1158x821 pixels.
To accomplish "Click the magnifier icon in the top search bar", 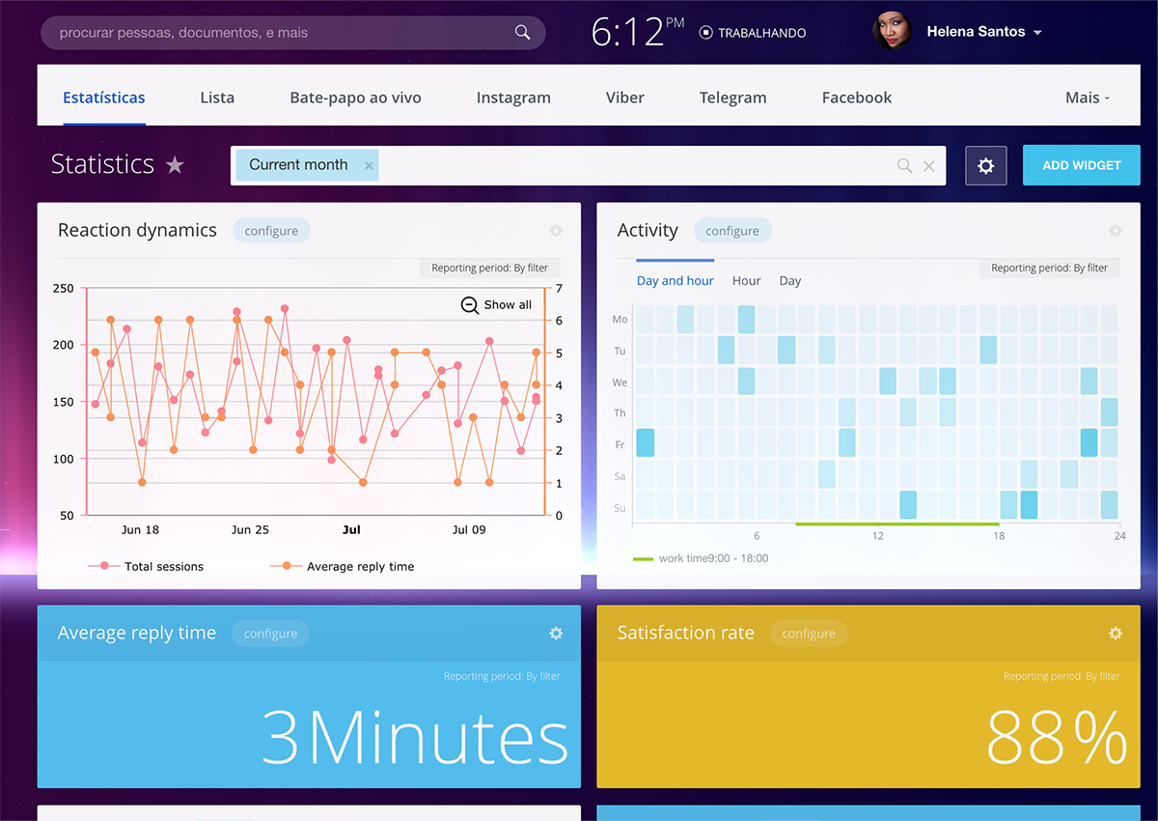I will point(522,33).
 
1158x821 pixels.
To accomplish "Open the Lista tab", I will point(217,98).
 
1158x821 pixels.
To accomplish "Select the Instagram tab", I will point(513,98).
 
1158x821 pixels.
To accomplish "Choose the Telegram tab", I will point(732,98).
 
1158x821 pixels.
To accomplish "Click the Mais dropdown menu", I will point(1087,98).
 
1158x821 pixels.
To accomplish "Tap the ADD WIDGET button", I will point(1081,165).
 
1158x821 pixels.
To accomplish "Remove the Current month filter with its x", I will point(369,166).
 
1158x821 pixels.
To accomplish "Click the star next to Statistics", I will point(175,165).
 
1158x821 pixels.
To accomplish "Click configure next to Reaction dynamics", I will point(271,231).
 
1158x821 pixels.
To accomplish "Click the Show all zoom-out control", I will point(496,305).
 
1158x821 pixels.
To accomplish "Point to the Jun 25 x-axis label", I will point(250,530).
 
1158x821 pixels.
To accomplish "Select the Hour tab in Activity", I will point(746,281).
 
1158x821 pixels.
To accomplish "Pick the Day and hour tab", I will point(675,281).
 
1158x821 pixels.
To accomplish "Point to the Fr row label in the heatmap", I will point(620,444).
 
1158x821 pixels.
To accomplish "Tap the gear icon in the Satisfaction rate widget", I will point(1116,634).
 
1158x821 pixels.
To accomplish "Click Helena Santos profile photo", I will point(891,32).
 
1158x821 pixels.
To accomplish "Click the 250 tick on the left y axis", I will point(63,289).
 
